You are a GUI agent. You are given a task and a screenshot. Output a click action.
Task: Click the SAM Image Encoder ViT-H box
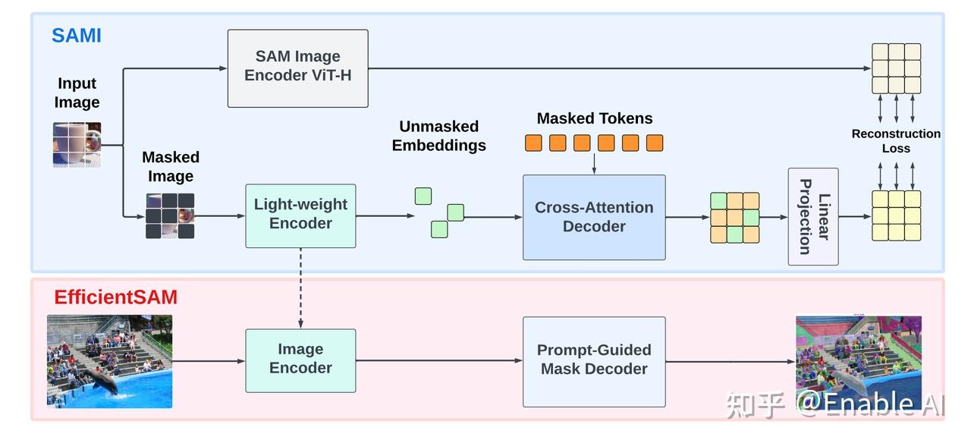click(297, 68)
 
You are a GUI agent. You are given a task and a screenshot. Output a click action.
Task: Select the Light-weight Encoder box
click(300, 215)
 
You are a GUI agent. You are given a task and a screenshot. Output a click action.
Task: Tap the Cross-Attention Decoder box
click(594, 217)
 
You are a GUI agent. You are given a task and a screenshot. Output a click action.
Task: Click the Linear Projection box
click(813, 217)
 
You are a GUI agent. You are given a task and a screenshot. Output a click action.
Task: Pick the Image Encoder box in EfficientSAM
click(300, 360)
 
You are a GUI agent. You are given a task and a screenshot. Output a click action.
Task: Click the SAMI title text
click(76, 36)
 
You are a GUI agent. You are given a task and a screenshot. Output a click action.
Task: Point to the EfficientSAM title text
click(115, 297)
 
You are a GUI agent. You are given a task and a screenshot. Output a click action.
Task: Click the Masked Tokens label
click(594, 118)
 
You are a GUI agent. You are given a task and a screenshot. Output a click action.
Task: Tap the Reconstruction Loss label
click(896, 141)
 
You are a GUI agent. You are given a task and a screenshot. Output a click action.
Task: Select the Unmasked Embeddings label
click(438, 136)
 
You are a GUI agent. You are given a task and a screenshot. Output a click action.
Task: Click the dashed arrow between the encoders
click(300, 288)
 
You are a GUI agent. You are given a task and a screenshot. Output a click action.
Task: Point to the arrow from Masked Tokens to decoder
click(594, 162)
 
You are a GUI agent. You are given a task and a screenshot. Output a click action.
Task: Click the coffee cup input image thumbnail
click(77, 144)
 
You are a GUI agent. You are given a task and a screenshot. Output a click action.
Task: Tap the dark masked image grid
click(170, 215)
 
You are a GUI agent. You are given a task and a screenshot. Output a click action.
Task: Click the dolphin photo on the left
click(109, 361)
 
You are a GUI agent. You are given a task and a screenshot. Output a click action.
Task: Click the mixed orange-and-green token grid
click(734, 217)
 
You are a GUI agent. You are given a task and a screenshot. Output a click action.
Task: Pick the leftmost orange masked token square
click(533, 143)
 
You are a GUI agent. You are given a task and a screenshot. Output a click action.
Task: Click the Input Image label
click(77, 93)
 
